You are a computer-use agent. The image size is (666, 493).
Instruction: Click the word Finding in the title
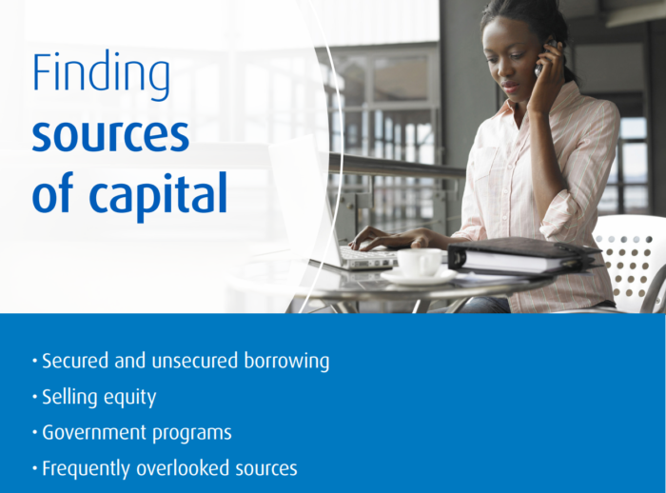(101, 75)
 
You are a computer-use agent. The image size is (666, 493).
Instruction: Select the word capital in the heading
(158, 195)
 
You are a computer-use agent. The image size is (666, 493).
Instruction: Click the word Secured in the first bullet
(75, 361)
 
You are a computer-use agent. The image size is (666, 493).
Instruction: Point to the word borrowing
(286, 362)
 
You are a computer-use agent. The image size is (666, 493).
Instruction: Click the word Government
(94, 433)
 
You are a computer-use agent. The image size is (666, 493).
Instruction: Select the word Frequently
(87, 469)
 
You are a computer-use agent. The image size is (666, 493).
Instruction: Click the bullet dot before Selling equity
(35, 398)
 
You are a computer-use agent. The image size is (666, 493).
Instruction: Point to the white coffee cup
(420, 263)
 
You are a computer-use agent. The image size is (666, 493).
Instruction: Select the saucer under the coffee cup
(419, 277)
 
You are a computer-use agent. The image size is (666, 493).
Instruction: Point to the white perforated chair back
(628, 259)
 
